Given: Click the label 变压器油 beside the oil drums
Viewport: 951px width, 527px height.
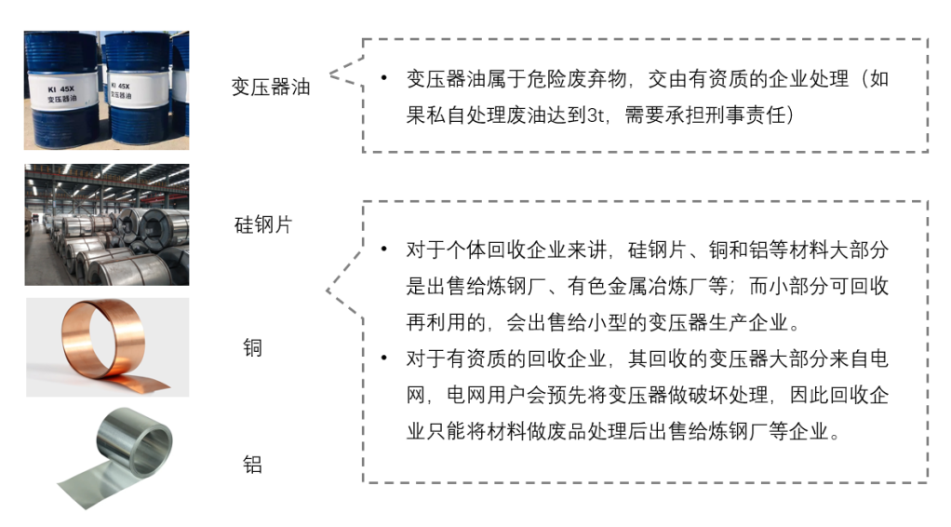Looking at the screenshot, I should pos(271,88).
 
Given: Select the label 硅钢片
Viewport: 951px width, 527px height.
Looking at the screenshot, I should pos(262,224).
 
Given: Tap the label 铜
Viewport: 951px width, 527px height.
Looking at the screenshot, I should pos(252,348).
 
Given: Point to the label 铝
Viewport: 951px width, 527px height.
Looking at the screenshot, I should pos(252,463).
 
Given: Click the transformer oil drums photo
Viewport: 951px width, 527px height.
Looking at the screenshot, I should pos(106,90).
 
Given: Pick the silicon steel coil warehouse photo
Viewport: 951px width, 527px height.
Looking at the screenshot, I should pos(106,224).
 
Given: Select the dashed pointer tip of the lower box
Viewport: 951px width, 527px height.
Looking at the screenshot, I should pos(328,291).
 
